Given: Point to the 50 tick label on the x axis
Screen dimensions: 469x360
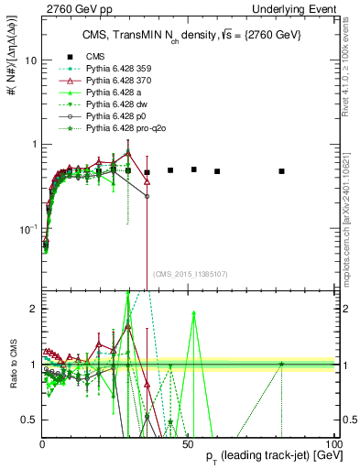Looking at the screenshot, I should [x=187, y=446].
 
